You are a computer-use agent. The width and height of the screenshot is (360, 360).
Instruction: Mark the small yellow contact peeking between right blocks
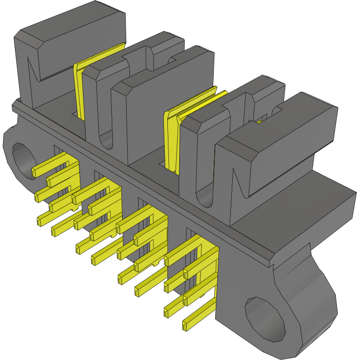260,122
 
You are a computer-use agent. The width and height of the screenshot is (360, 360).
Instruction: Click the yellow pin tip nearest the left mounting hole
35,172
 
